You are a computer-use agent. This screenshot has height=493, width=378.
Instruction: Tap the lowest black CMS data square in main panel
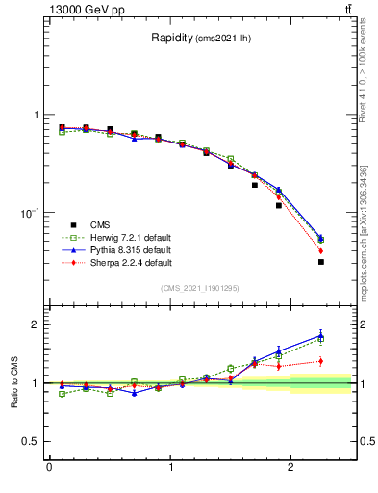[x=321, y=262]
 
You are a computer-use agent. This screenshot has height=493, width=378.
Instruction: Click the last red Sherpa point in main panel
[x=321, y=251]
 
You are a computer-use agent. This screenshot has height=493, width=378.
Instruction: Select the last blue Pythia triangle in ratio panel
[x=321, y=335]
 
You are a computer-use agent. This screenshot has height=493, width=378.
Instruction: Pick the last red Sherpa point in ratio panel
[x=321, y=361]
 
